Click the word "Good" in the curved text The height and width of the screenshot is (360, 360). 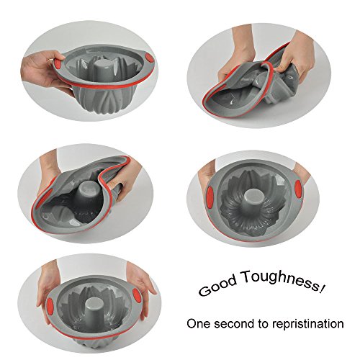pyautogui.click(x=217, y=286)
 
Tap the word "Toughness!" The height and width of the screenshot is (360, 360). pyautogui.click(x=284, y=280)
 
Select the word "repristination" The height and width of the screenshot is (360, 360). pyautogui.click(x=308, y=324)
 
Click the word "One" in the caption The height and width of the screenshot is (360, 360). pyautogui.click(x=199, y=323)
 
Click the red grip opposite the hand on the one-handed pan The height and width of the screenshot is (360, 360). pyautogui.click(x=149, y=58)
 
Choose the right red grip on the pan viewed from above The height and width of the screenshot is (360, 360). pyautogui.click(x=298, y=189)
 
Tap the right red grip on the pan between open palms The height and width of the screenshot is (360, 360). pyautogui.click(x=136, y=294)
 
